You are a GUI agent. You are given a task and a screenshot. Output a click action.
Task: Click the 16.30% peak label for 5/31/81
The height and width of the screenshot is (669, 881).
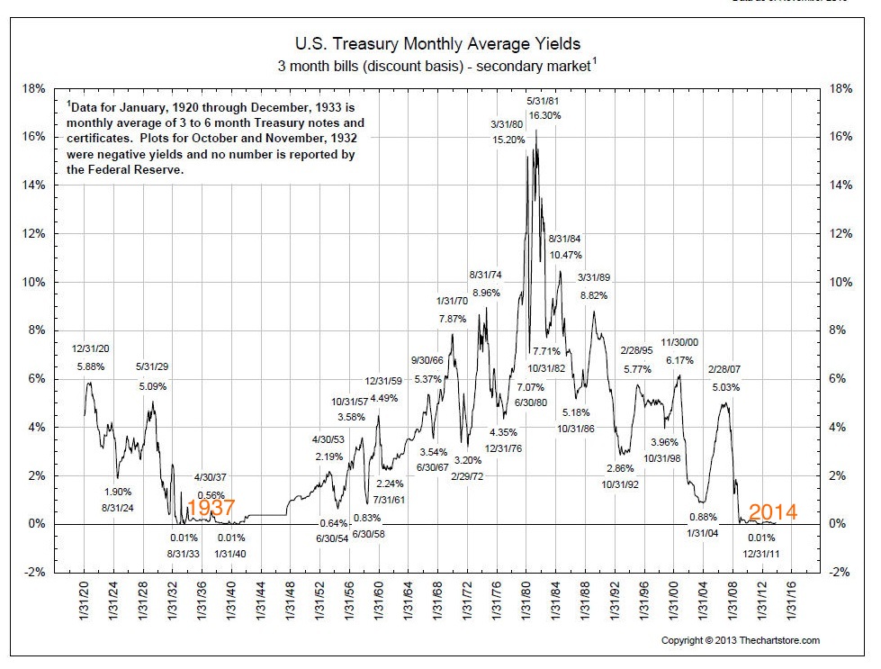tap(544, 115)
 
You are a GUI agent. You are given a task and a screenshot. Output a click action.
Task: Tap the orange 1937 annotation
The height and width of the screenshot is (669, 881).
tap(212, 509)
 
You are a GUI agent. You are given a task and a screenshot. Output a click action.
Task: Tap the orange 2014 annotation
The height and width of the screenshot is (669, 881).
tap(773, 512)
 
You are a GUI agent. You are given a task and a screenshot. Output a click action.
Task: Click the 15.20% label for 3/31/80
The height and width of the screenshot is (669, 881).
tap(508, 140)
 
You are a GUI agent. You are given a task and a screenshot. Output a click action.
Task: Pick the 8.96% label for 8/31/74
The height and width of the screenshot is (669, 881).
tap(485, 293)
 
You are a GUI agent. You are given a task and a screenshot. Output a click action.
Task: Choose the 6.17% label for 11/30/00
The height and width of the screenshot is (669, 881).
tap(679, 359)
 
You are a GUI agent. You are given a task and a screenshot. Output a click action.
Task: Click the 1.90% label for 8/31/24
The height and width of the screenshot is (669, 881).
tap(118, 492)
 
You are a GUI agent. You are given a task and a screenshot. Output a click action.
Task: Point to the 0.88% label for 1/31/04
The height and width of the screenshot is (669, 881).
tap(703, 517)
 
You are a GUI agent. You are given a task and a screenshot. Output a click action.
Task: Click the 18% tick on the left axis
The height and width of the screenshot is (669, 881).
tap(34, 88)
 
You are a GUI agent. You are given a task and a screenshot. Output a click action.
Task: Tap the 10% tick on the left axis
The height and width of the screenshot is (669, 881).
tap(34, 282)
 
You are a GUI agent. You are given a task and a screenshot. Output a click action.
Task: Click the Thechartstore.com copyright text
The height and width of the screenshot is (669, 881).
tap(741, 640)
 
